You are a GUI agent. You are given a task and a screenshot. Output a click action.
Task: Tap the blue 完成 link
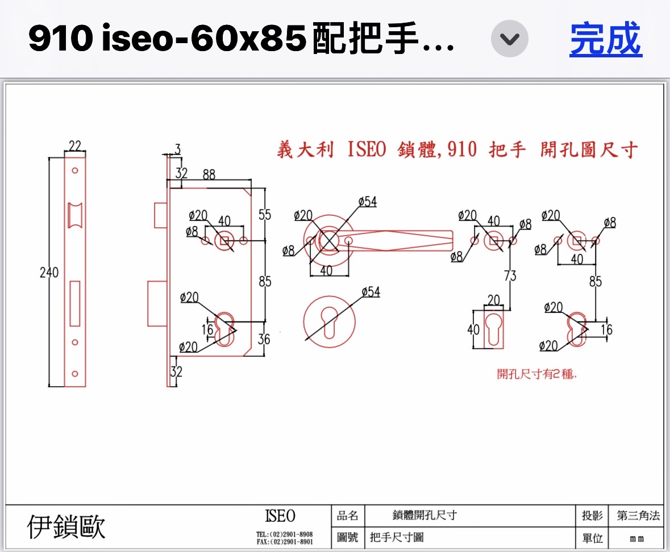coord(605,39)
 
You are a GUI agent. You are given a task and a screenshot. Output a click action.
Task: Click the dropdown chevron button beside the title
coord(510,39)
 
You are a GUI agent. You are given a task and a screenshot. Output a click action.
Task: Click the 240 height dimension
coord(49,273)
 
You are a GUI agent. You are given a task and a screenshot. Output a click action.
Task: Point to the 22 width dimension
coord(74,146)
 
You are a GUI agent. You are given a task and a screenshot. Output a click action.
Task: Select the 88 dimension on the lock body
coord(209,174)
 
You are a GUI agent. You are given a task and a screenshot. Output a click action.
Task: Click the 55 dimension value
coord(265,215)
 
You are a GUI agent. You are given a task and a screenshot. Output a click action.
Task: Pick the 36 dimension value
coord(264,339)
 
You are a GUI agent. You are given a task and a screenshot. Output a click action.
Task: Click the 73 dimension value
coord(510,276)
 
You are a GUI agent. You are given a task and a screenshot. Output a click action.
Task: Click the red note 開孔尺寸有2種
coord(537,374)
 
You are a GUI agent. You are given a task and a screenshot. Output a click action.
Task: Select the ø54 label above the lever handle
coord(368,202)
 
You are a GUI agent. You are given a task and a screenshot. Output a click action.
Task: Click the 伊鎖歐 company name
coord(66,527)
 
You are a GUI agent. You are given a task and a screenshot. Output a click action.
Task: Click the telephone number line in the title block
coord(284,534)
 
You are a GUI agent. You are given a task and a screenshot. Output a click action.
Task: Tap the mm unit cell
coord(637,538)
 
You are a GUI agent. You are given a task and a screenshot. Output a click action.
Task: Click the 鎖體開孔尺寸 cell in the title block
coord(425,516)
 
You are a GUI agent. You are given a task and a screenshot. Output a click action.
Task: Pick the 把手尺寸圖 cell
coord(397,537)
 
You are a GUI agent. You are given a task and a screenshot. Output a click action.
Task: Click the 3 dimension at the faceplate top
coord(177,149)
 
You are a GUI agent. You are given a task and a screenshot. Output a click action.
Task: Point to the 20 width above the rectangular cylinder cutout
coord(493,300)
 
